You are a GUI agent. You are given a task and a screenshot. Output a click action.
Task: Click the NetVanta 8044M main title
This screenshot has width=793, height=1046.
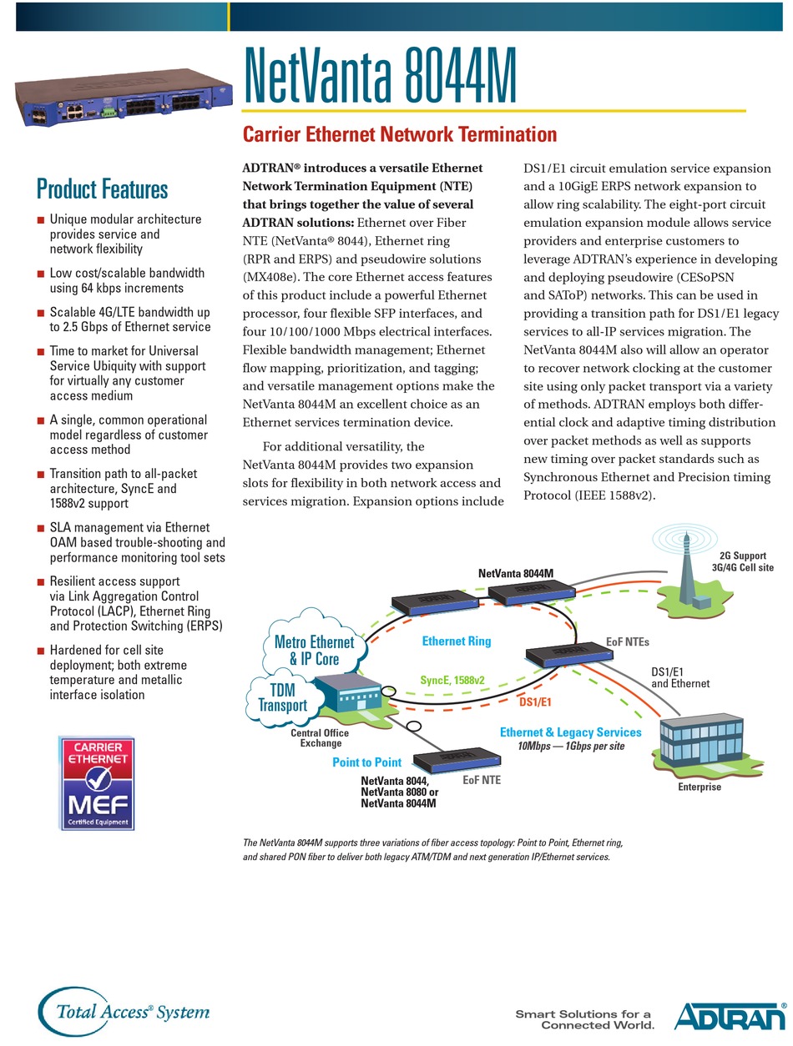[380, 77]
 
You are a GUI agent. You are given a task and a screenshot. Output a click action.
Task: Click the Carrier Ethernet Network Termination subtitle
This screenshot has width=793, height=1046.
[399, 134]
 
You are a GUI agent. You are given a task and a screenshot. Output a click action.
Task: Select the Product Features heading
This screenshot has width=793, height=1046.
[102, 189]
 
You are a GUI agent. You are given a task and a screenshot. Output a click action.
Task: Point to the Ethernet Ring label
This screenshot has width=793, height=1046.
[456, 641]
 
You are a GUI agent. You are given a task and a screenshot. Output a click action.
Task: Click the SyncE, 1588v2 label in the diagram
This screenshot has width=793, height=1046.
[452, 680]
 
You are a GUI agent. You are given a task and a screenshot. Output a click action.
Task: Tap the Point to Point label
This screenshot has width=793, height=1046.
[366, 762]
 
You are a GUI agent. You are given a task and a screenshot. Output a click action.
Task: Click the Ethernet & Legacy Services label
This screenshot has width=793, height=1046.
[570, 732]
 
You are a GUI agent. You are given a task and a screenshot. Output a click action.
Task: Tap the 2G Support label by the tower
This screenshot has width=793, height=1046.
[743, 556]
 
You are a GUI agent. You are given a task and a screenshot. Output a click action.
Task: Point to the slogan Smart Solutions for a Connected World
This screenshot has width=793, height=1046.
[583, 1019]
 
